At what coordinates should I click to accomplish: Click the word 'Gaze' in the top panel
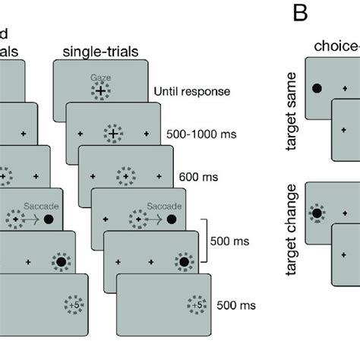point(100,78)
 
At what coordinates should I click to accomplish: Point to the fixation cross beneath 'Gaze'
point(100,91)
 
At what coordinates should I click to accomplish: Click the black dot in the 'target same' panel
point(317,89)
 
